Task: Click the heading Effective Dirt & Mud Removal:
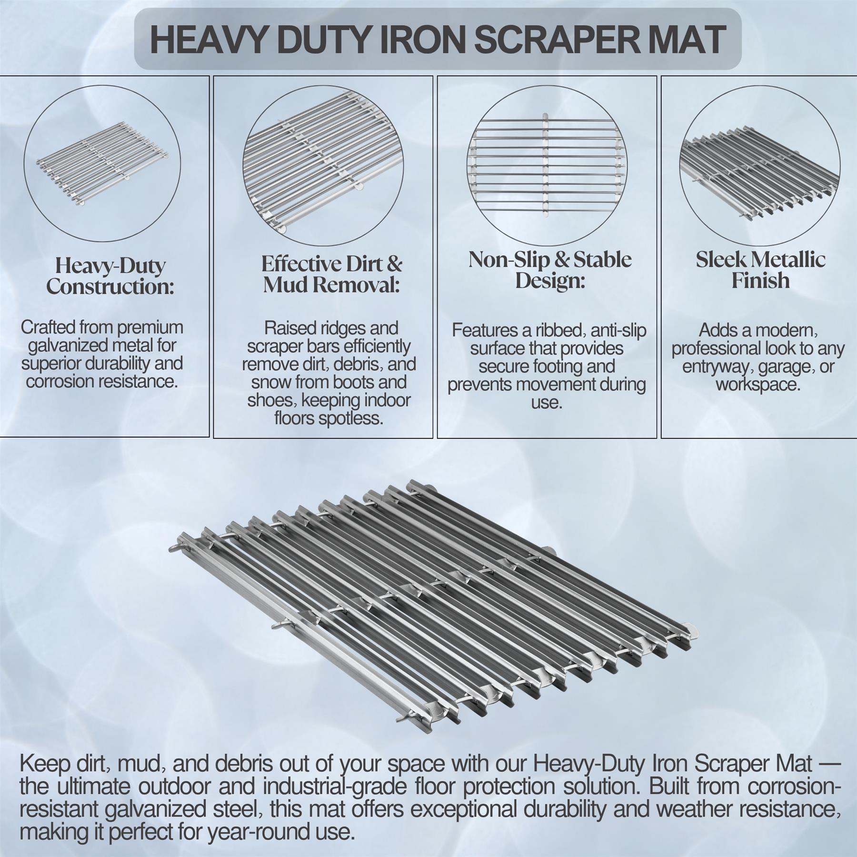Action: pos(331,274)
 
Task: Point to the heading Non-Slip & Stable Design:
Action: pos(550,270)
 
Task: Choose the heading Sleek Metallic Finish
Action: pos(760,270)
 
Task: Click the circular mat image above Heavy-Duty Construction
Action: pos(102,163)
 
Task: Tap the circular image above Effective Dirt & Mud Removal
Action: pos(323,166)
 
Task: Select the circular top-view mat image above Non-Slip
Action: pos(547,166)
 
